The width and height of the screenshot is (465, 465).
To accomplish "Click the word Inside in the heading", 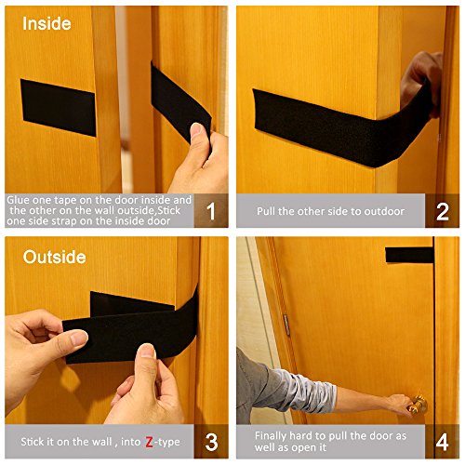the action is (46, 23).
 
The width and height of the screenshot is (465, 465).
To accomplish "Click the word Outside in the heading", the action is (55, 257).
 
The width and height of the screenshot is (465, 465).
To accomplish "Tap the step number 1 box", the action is (211, 211).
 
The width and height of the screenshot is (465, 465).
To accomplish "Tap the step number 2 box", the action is (443, 211).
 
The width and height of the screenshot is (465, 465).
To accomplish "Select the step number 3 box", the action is (211, 442).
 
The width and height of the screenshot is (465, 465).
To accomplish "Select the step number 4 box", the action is (443, 442).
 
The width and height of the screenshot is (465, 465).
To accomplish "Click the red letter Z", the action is (149, 442).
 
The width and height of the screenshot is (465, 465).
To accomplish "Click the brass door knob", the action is (418, 405).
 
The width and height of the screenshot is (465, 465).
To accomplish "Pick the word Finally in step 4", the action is (271, 436).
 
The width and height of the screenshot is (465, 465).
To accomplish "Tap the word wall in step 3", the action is (102, 442).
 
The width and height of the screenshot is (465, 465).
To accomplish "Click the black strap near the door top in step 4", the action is (409, 255).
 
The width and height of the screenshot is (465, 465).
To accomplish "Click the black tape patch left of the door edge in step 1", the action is (59, 107).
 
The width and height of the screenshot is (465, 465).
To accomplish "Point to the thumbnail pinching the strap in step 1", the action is (195, 129).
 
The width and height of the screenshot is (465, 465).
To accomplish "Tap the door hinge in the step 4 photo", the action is (286, 325).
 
